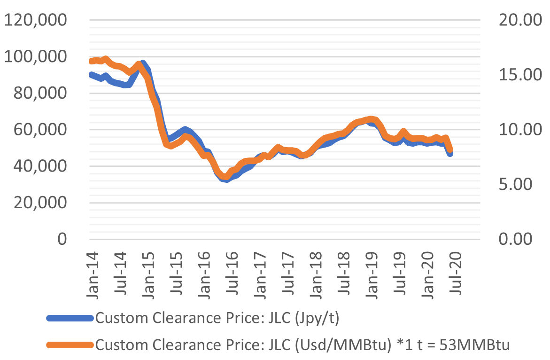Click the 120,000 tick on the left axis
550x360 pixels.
click(36, 20)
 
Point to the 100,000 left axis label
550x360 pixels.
click(36, 57)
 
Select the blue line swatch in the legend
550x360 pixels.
click(70, 319)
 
